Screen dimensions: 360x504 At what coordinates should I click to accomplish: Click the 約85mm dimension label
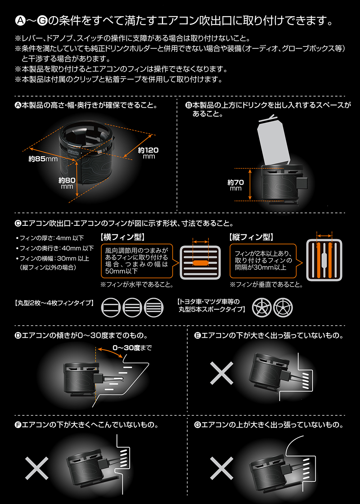click(43, 159)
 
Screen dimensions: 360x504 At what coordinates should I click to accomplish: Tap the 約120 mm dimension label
click(148, 153)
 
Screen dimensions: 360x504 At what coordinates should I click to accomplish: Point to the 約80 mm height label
click(67, 183)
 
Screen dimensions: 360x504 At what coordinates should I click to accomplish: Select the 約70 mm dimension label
click(235, 185)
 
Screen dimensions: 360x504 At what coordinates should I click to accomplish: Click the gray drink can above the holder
click(273, 141)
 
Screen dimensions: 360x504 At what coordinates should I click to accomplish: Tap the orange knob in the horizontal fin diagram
click(201, 262)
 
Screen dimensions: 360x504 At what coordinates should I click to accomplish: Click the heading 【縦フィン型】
click(251, 237)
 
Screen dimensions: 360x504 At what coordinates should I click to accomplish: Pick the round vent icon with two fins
click(111, 307)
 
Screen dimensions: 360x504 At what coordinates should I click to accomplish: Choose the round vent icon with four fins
click(154, 307)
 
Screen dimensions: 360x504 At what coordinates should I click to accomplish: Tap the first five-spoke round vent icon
click(261, 307)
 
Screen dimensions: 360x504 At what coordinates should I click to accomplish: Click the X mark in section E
click(222, 373)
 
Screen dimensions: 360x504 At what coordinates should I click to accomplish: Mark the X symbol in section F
click(37, 468)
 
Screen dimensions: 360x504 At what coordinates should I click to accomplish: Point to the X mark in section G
click(222, 468)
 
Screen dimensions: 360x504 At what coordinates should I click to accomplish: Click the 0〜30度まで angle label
click(132, 348)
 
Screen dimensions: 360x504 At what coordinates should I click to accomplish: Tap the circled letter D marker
click(18, 336)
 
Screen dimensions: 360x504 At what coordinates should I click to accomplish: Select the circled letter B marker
click(189, 105)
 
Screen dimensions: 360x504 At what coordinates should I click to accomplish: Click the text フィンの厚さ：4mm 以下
click(50, 238)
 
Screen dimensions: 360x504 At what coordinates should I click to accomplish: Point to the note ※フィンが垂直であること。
click(266, 285)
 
